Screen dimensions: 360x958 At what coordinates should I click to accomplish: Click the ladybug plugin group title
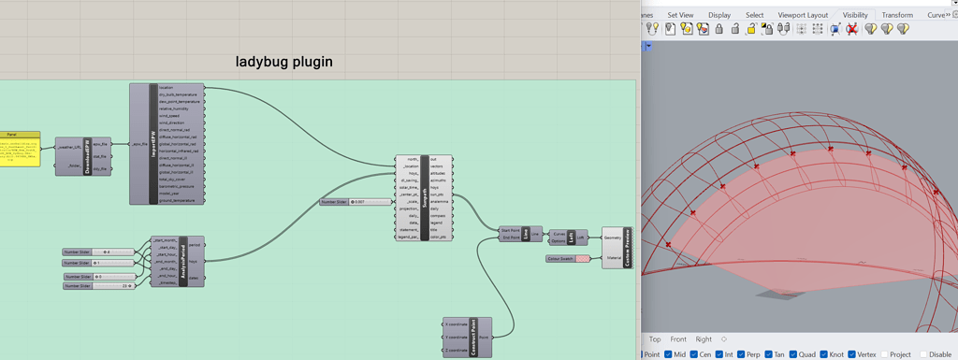[283, 63]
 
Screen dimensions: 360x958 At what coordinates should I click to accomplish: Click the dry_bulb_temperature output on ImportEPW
[180, 94]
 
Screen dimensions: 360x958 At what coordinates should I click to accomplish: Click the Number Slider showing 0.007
[356, 201]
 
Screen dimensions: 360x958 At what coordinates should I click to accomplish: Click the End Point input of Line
[511, 238]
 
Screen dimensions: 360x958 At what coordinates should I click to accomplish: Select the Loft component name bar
[572, 238]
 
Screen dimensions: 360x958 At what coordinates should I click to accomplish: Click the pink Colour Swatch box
[583, 259]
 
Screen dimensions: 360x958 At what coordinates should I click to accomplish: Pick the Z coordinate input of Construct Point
[457, 350]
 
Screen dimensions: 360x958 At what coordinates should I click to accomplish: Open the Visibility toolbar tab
[855, 15]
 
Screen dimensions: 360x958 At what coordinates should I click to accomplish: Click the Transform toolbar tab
[896, 15]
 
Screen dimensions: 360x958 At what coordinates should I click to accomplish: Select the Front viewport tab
[678, 339]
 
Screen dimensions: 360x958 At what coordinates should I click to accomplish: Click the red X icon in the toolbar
[851, 29]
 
